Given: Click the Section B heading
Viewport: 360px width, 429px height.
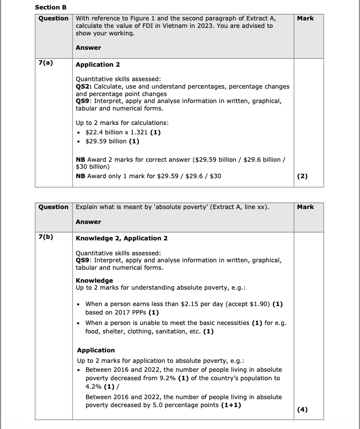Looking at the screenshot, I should click(x=51, y=7).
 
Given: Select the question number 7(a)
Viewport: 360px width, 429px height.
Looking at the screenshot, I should click(x=46, y=64).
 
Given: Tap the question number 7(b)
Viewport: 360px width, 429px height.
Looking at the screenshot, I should click(x=46, y=237).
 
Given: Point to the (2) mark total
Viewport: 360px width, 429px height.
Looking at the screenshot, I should click(x=302, y=176).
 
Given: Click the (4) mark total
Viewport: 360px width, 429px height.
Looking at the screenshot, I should click(x=302, y=410).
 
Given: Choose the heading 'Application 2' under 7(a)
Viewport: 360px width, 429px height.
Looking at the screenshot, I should click(x=97, y=65).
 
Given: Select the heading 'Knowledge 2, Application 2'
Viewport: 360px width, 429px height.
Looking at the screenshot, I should click(x=121, y=238).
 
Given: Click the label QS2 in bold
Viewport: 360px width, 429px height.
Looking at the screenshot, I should click(x=83, y=87).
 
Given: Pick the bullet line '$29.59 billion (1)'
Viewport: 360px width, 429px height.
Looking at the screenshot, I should click(x=112, y=141).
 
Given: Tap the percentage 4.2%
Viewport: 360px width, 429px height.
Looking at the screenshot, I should click(x=93, y=386).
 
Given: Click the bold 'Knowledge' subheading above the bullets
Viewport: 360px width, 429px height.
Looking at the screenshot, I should click(x=94, y=280).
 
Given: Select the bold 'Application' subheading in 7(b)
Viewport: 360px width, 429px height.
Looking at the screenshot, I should click(x=96, y=350).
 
